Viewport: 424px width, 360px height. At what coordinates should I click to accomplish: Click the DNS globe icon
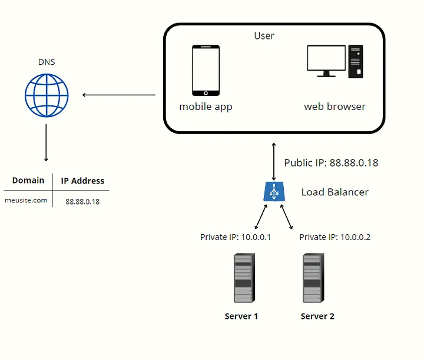tap(47, 95)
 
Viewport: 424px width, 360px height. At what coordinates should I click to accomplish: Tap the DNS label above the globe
tap(47, 62)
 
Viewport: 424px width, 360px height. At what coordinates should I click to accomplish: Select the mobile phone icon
tap(206, 71)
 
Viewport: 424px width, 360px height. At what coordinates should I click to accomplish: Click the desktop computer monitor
tap(327, 61)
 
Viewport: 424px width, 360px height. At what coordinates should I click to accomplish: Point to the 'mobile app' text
tap(206, 107)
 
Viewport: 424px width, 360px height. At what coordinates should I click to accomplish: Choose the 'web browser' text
tap(334, 107)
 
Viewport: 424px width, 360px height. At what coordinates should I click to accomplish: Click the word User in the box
tap(264, 36)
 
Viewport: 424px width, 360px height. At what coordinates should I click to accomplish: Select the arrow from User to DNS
tap(118, 95)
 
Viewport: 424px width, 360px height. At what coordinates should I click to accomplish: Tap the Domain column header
tap(28, 181)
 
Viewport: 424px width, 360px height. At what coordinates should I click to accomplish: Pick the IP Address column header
tap(82, 181)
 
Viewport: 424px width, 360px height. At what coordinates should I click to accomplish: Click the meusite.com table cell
tap(26, 201)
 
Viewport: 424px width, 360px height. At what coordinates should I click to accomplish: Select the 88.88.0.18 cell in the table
tap(82, 201)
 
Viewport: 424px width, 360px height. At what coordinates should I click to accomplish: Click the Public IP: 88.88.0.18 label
tap(331, 163)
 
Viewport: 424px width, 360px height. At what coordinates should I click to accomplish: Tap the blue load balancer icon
tap(274, 192)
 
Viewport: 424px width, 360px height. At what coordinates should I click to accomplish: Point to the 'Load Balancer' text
tap(334, 192)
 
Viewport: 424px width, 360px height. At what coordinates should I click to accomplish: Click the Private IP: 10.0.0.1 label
tap(236, 237)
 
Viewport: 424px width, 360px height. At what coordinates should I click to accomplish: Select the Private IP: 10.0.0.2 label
tap(334, 237)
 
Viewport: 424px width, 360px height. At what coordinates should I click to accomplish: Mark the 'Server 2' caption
tap(317, 316)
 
